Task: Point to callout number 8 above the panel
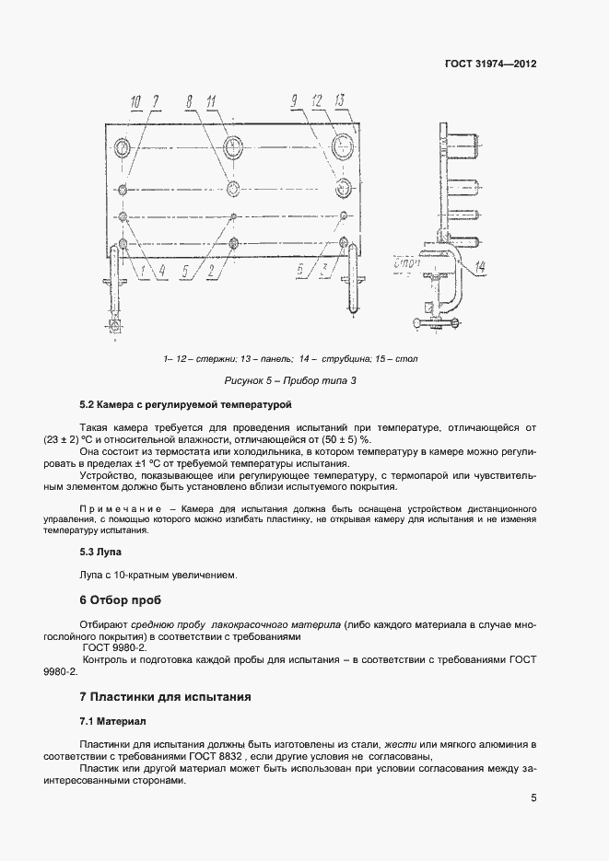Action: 189,100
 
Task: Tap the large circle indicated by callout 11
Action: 234,145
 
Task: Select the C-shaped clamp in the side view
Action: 449,285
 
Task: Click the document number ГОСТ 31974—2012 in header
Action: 491,64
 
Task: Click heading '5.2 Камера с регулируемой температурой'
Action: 185,404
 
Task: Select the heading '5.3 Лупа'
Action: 101,553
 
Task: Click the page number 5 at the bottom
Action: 533,798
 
